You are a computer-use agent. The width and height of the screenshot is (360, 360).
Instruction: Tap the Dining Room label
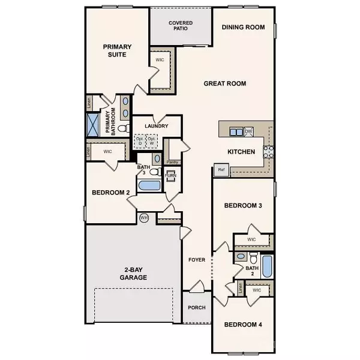[x=243, y=27]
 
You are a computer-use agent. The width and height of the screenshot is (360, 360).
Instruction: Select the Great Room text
[x=225, y=84]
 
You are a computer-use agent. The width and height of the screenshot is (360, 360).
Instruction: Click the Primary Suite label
[x=116, y=50]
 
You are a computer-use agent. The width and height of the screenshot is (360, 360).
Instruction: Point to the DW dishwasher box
[x=248, y=131]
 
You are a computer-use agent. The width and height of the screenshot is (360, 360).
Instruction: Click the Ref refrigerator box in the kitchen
[x=220, y=170]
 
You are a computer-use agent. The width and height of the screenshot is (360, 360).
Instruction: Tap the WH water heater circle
[x=144, y=217]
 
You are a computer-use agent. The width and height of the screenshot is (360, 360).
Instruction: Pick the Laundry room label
[x=156, y=126]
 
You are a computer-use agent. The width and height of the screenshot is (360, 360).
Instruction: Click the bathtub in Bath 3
[x=149, y=185]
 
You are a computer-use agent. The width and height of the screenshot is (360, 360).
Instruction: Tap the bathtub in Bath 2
[x=267, y=263]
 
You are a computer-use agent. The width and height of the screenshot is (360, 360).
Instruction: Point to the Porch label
[x=196, y=308]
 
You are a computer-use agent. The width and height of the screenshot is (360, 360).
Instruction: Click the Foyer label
[x=197, y=260]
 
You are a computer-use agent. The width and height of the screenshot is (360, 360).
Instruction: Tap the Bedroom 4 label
[x=242, y=325]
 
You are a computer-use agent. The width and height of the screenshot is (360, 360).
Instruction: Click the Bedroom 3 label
[x=243, y=206]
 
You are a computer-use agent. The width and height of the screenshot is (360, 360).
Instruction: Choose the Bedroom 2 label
[x=111, y=193]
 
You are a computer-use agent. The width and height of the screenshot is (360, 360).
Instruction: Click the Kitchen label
[x=242, y=152]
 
